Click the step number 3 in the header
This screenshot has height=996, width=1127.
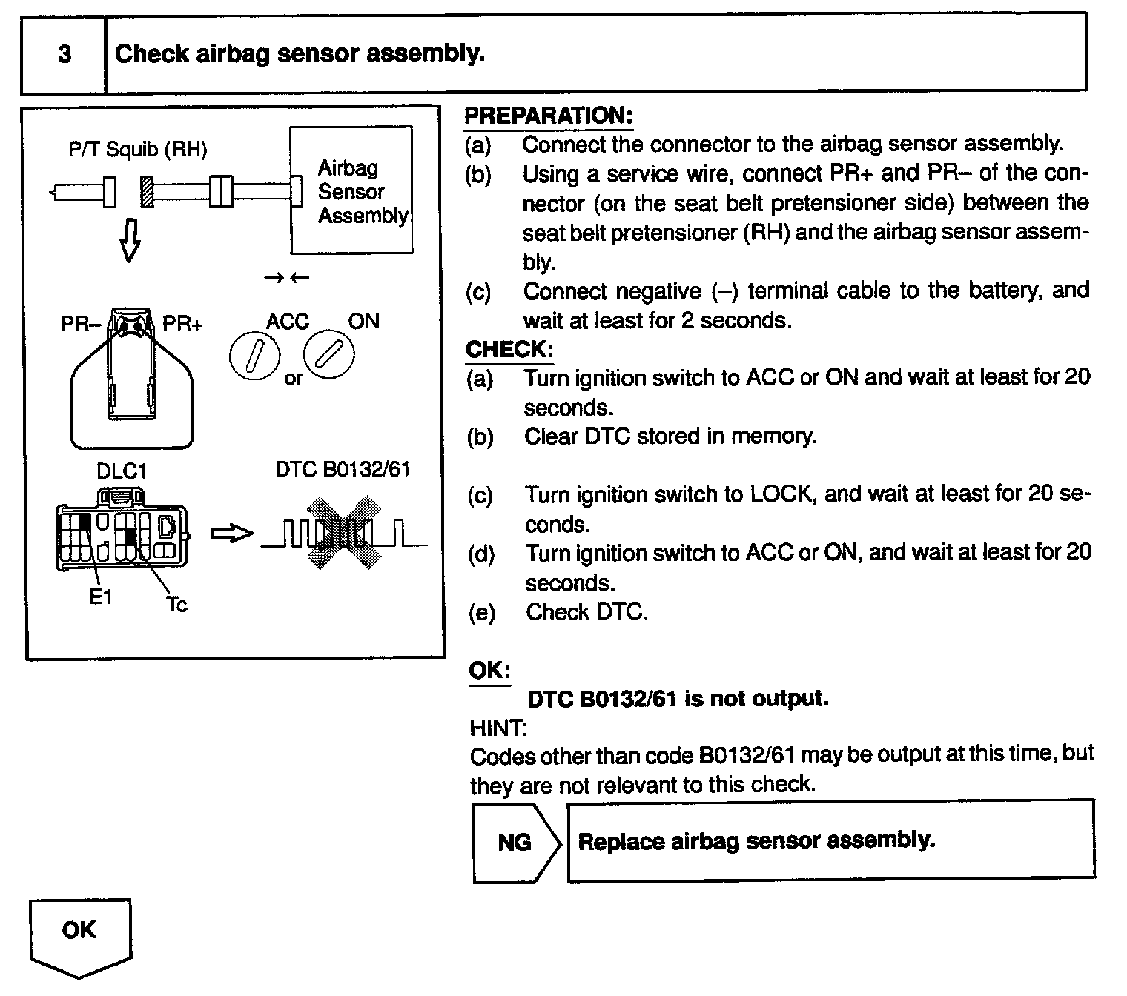(65, 54)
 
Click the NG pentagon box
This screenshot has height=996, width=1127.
(515, 842)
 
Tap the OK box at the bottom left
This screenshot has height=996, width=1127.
(79, 931)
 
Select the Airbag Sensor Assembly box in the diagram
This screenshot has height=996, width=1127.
(351, 190)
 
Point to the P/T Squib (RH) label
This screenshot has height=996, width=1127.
(137, 150)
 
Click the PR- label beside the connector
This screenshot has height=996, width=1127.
(80, 325)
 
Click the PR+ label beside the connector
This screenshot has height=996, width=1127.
(182, 325)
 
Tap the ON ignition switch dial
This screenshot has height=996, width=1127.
(329, 353)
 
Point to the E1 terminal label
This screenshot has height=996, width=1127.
(100, 597)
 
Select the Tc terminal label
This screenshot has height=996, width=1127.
(176, 605)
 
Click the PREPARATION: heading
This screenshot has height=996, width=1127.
(548, 116)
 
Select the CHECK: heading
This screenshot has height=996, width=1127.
(509, 349)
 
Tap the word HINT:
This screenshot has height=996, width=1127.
(498, 728)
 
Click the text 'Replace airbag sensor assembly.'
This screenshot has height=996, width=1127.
(756, 841)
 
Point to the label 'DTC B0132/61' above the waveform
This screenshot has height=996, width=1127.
(343, 469)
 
